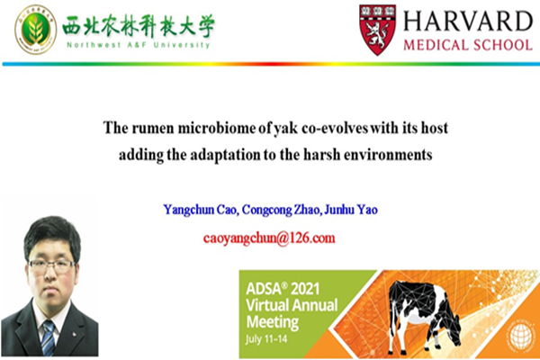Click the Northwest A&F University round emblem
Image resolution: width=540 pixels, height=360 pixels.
(35, 28)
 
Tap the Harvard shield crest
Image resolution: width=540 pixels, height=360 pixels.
(378, 28)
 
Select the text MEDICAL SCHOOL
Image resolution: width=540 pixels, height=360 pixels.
(467, 44)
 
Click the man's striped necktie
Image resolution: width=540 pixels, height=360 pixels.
(48, 338)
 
